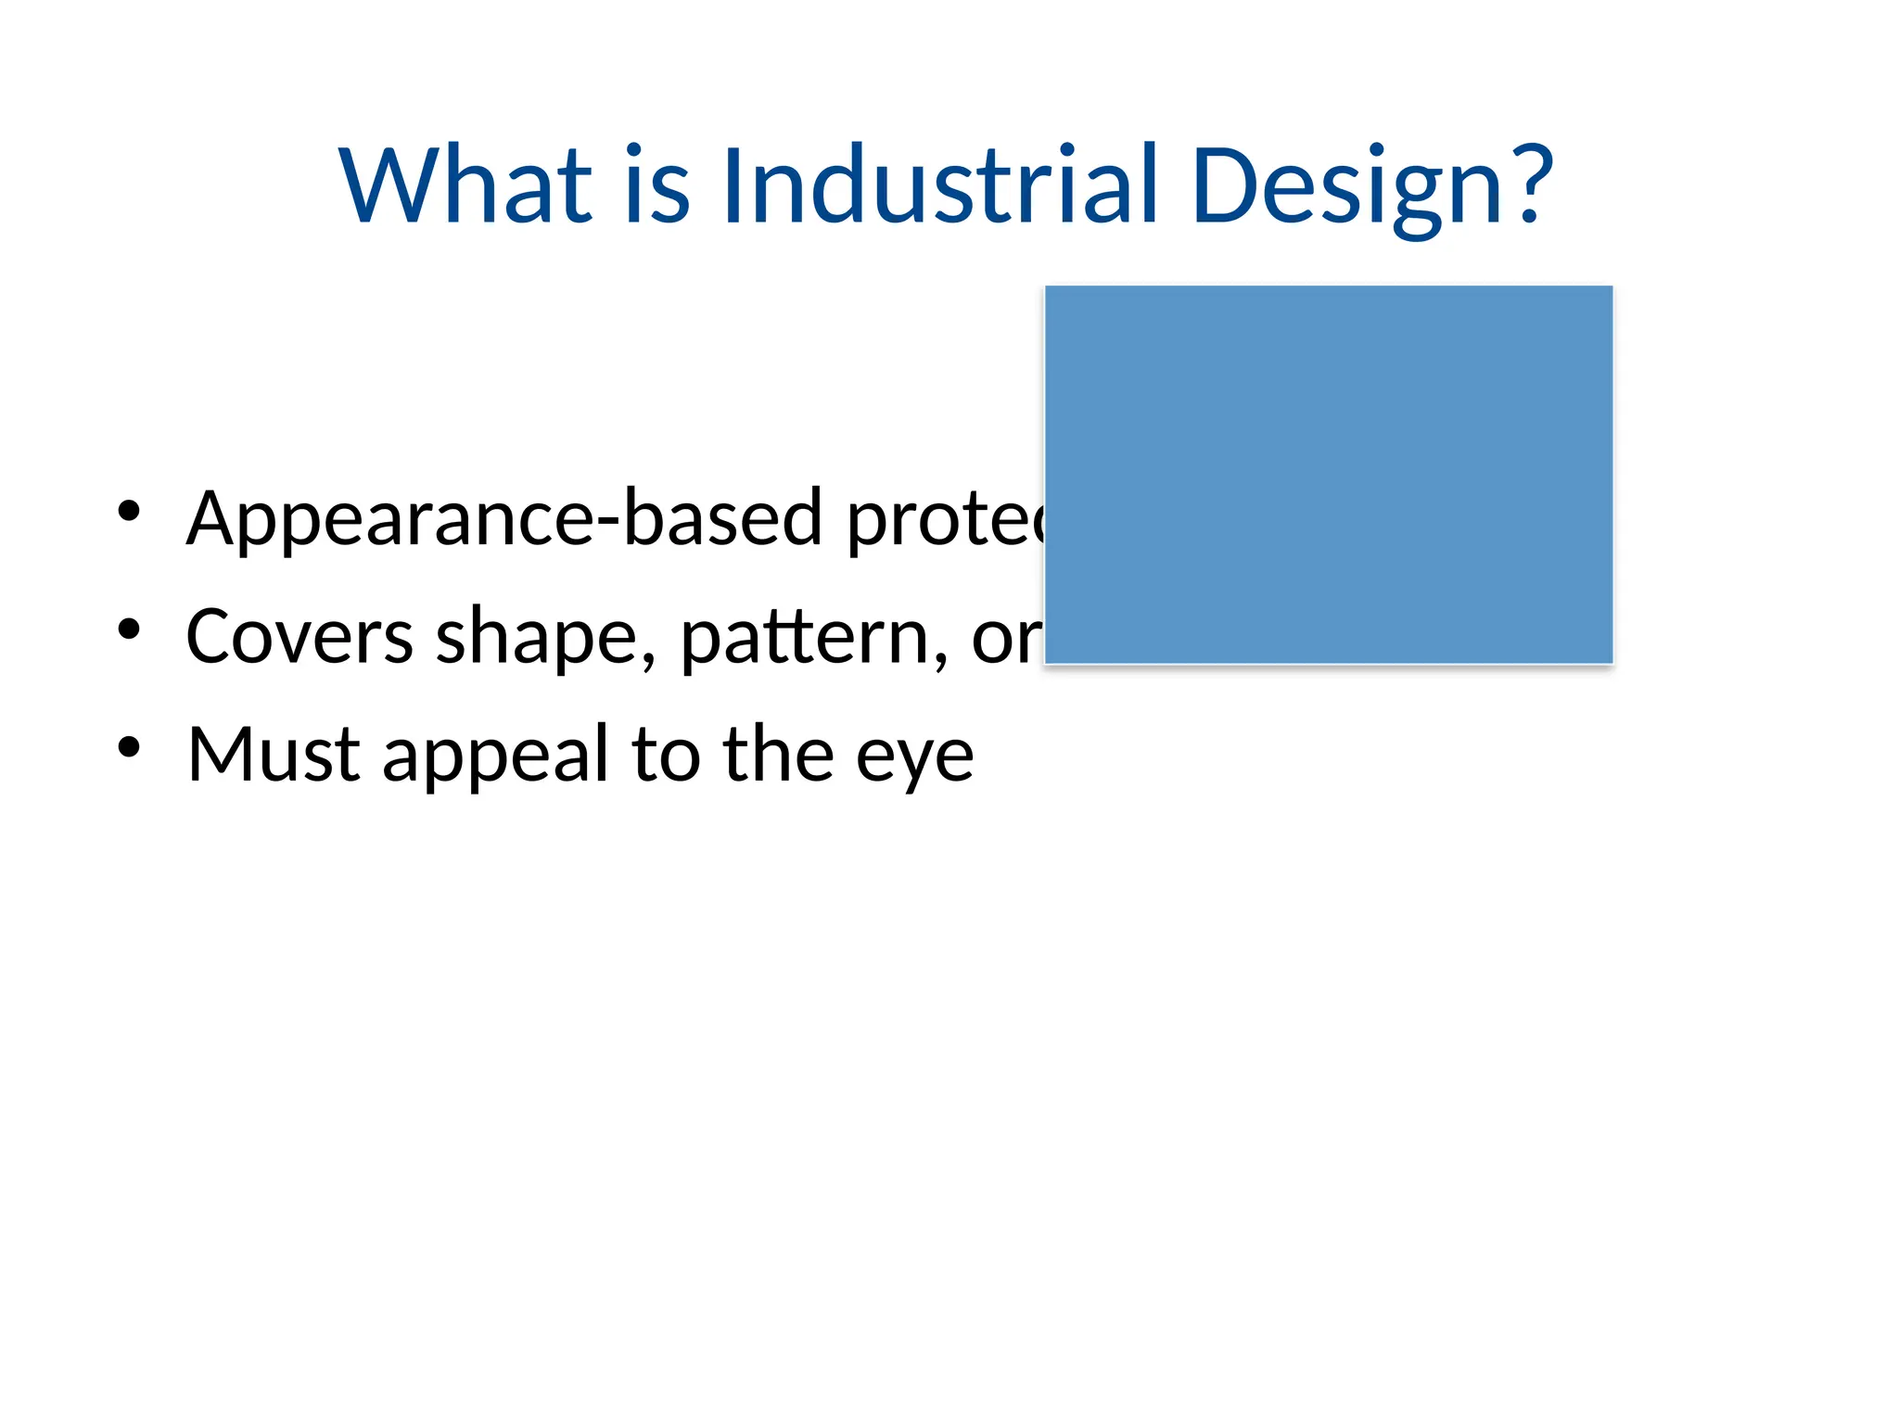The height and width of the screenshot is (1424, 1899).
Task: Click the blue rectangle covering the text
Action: click(x=1328, y=475)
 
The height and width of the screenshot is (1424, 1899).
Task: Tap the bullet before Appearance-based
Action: click(x=129, y=511)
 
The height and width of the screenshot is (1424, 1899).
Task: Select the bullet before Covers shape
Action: click(x=129, y=629)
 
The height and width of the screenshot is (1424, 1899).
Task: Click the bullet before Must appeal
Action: click(x=129, y=747)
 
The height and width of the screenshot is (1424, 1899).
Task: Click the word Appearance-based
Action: click(x=503, y=519)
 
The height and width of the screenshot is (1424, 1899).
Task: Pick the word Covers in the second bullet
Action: click(x=299, y=637)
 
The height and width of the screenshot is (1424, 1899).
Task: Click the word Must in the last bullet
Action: click(x=273, y=755)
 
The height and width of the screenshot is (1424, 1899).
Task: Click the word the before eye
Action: click(x=778, y=755)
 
